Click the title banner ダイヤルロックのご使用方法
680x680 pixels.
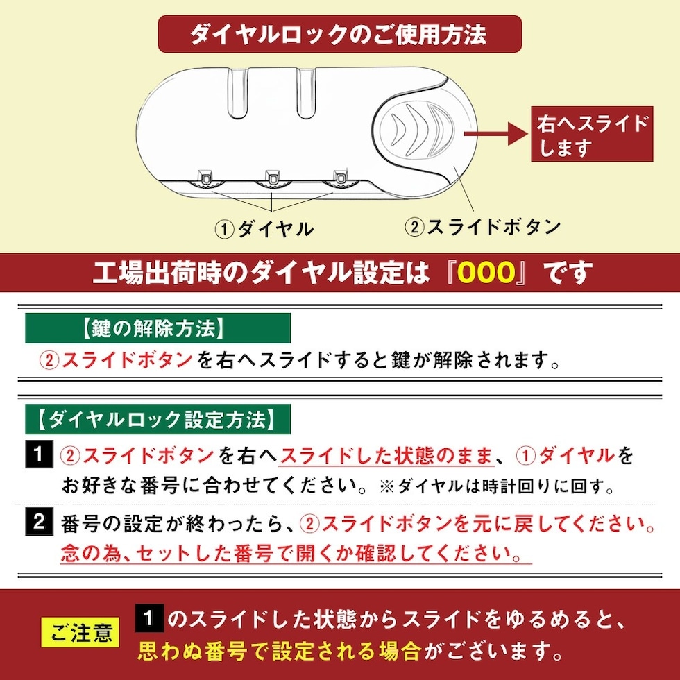point(339,34)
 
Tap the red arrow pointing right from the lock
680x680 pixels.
point(496,133)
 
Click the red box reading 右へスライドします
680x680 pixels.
point(592,134)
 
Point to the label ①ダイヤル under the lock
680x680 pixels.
point(264,229)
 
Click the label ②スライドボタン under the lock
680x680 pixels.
point(482,227)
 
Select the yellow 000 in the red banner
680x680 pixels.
point(486,273)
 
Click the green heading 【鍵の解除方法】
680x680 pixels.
point(158,328)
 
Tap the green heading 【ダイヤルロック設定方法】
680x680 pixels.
point(158,419)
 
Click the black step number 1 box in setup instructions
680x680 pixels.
point(39,454)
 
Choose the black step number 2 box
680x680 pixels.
point(39,521)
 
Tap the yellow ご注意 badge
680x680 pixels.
point(80,633)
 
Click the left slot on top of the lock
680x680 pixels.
point(237,92)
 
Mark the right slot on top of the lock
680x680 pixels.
point(306,92)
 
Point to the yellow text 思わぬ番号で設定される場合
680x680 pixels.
point(279,652)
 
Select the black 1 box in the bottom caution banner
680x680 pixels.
point(149,618)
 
